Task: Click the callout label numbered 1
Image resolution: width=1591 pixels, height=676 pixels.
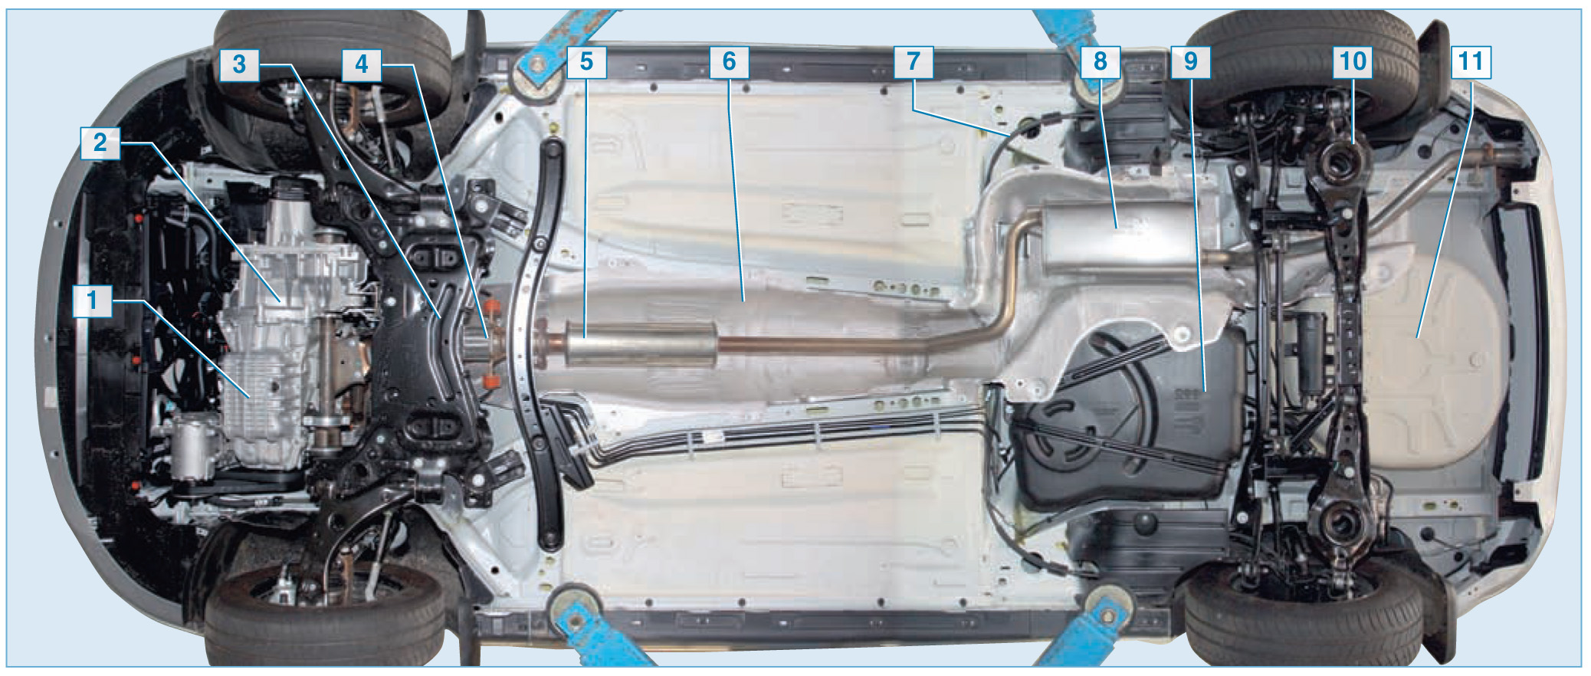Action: click(x=92, y=300)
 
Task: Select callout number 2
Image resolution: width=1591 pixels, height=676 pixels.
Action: click(x=100, y=143)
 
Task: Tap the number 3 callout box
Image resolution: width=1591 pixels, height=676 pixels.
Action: click(x=239, y=64)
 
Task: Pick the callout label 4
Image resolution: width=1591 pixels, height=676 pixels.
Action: click(x=362, y=64)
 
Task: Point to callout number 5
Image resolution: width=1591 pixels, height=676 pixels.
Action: click(x=586, y=61)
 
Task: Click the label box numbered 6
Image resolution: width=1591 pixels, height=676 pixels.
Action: click(x=729, y=61)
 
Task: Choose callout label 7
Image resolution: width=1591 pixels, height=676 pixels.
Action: click(x=914, y=61)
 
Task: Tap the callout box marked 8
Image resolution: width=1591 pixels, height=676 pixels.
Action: click(x=1101, y=61)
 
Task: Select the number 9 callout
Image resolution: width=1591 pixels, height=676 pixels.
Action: click(x=1191, y=61)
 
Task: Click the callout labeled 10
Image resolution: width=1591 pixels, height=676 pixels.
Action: click(x=1353, y=61)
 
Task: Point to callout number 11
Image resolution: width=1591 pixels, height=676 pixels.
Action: click(x=1471, y=61)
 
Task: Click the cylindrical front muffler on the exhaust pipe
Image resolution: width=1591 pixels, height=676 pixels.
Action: click(x=641, y=343)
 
